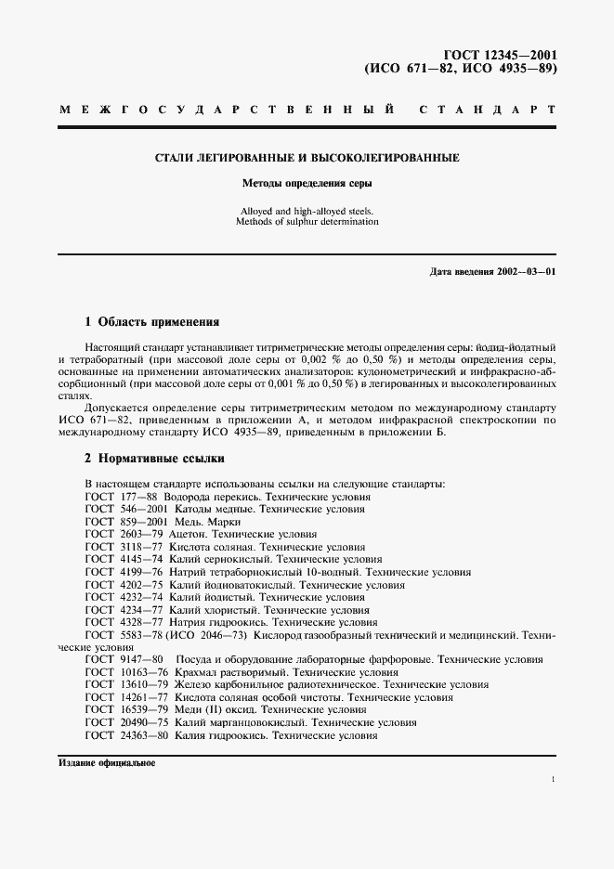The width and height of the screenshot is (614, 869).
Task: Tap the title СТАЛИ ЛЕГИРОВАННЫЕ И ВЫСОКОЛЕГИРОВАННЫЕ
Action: pos(307,158)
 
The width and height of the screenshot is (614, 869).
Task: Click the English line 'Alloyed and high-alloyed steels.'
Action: pos(307,212)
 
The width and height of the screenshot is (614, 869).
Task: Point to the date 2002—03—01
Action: pos(525,272)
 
